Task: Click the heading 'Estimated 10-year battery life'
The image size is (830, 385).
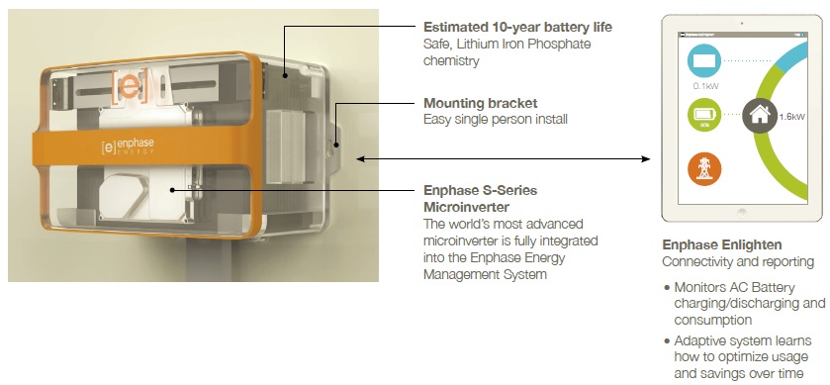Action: [517, 27]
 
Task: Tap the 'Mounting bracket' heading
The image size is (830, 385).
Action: [480, 103]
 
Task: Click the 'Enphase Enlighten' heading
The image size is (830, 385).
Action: [722, 245]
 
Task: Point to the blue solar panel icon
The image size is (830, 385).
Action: [704, 61]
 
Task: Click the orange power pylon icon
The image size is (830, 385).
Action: [704, 169]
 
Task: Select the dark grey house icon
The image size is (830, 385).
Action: [760, 115]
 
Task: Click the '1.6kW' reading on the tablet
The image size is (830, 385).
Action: [791, 117]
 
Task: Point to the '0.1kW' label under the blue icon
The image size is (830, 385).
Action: [705, 86]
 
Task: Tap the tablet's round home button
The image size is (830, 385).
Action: [742, 213]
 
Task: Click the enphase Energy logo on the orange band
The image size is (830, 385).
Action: [128, 146]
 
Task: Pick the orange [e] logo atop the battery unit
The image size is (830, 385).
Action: [130, 85]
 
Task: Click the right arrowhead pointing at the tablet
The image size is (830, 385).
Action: [646, 158]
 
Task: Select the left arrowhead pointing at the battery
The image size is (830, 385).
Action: [361, 158]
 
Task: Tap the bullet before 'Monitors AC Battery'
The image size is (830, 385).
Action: [667, 288]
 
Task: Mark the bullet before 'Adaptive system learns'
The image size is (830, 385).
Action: [667, 341]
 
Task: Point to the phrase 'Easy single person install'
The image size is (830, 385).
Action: [496, 119]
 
